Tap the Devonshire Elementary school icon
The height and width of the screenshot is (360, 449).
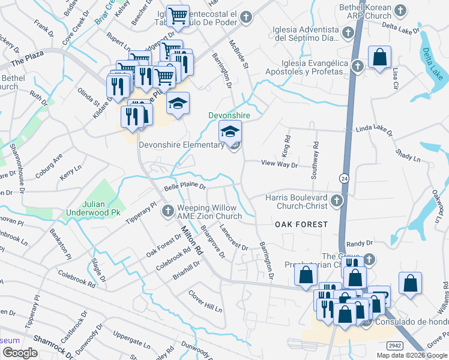pos(230,131)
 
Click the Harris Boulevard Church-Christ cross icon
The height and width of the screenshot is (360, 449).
pos(337,200)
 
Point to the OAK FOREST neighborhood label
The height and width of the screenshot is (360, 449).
pos(301,224)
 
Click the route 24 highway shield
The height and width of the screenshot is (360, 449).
pos(343,178)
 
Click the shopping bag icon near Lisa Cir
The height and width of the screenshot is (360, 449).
pos(380,58)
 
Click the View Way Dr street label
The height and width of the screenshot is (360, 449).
pos(279,163)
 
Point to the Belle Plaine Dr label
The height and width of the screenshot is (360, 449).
pos(185,187)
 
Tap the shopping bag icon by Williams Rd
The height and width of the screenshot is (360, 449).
pos(410,285)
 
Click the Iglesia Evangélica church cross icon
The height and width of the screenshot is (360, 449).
pos(357,66)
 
